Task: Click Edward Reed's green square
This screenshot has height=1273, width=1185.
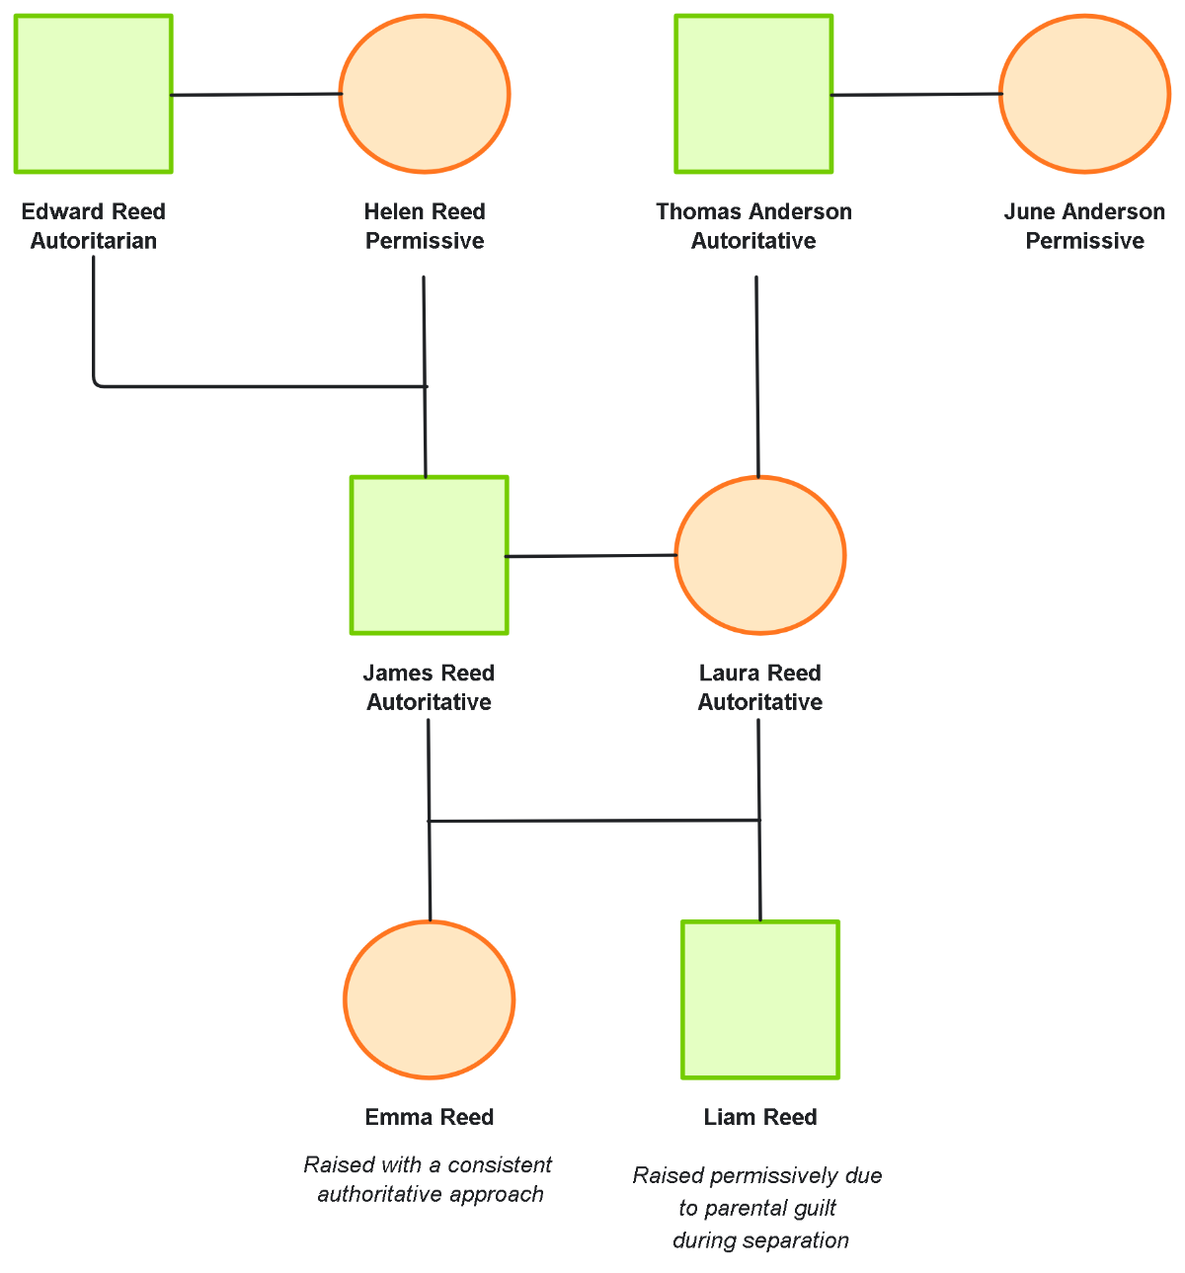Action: click(x=94, y=94)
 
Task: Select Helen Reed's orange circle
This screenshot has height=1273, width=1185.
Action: click(x=425, y=94)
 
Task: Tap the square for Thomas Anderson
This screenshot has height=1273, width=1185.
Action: click(x=753, y=94)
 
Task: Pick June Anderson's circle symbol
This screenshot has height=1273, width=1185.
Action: click(x=1084, y=94)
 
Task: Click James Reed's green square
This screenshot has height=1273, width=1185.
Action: click(x=430, y=555)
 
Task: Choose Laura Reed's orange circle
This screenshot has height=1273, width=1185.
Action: click(x=759, y=555)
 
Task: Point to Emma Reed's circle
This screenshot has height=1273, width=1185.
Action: click(x=430, y=999)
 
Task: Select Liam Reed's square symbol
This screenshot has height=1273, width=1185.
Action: click(x=760, y=999)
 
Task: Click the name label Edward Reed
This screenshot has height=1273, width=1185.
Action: click(x=94, y=211)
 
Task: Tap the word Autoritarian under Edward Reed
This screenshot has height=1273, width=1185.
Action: click(x=94, y=241)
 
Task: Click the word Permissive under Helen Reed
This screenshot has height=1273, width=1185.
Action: click(x=425, y=241)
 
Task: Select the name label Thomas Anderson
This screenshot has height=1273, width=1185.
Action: click(x=753, y=211)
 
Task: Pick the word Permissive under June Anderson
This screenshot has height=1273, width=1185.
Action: click(x=1084, y=241)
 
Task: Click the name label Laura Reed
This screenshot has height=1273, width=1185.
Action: click(x=759, y=673)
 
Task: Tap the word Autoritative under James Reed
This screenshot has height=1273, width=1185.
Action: click(x=429, y=702)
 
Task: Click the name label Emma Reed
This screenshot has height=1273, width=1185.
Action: click(x=430, y=1117)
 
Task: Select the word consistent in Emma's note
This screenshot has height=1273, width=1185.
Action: click(x=502, y=1165)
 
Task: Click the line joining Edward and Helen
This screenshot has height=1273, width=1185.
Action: click(x=256, y=95)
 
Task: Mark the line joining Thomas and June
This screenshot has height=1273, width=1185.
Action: click(x=916, y=95)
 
